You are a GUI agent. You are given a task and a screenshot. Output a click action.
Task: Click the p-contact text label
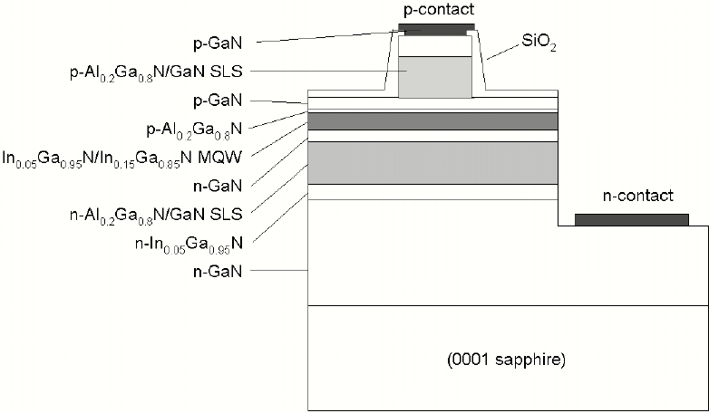point(435,9)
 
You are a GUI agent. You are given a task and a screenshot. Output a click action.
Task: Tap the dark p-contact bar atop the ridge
point(435,26)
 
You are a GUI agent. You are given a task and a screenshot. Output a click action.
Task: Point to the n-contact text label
point(638,196)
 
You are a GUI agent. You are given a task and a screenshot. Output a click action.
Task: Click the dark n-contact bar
point(632,219)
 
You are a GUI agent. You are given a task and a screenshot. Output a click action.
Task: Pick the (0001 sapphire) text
point(507,360)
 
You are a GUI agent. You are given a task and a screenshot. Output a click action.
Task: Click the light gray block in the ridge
point(434,77)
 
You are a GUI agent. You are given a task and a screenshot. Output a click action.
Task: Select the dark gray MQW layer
point(432,121)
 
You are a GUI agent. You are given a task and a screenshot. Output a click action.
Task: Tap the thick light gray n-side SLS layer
point(432,163)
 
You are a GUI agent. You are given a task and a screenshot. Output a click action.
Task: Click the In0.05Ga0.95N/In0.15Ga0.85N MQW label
point(132,158)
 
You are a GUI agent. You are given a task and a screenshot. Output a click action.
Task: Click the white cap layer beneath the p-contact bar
point(434,44)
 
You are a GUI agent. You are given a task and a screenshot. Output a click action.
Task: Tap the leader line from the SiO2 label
point(498,52)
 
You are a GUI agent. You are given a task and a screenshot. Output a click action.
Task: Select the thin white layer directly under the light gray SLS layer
point(432,191)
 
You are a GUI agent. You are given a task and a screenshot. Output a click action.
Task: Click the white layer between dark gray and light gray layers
point(432,136)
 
